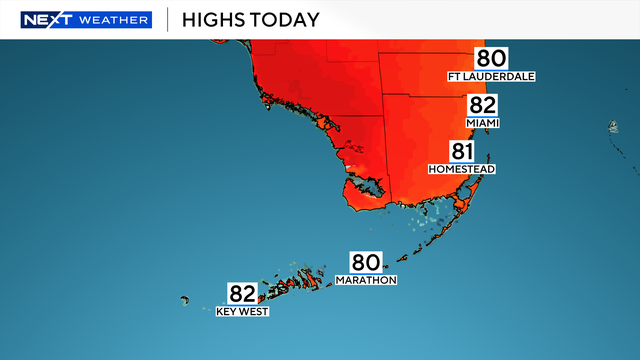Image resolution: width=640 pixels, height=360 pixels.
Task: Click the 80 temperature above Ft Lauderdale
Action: click(x=491, y=58)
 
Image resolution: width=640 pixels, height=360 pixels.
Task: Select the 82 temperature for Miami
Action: click(x=482, y=106)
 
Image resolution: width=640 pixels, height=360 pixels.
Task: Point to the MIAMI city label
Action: click(x=482, y=123)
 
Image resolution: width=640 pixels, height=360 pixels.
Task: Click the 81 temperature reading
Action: click(x=462, y=152)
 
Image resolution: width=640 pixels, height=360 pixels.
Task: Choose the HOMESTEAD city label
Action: click(x=462, y=169)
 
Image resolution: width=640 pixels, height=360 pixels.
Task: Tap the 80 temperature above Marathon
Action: click(x=364, y=262)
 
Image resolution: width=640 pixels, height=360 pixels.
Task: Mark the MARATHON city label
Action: click(x=373, y=280)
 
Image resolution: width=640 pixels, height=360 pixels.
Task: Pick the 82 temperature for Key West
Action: click(x=243, y=294)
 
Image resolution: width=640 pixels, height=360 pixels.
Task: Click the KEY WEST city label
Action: click(x=243, y=312)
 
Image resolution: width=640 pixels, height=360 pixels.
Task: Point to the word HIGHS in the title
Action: click(x=216, y=20)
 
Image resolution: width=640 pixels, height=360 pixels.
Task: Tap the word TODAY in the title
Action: click(x=287, y=20)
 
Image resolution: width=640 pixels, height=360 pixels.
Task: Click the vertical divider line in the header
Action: click(x=166, y=20)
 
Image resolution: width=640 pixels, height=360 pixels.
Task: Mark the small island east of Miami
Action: click(x=611, y=127)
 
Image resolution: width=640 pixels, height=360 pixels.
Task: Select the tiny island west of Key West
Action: click(x=185, y=299)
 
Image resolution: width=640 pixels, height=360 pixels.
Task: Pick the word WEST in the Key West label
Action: click(x=255, y=312)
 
